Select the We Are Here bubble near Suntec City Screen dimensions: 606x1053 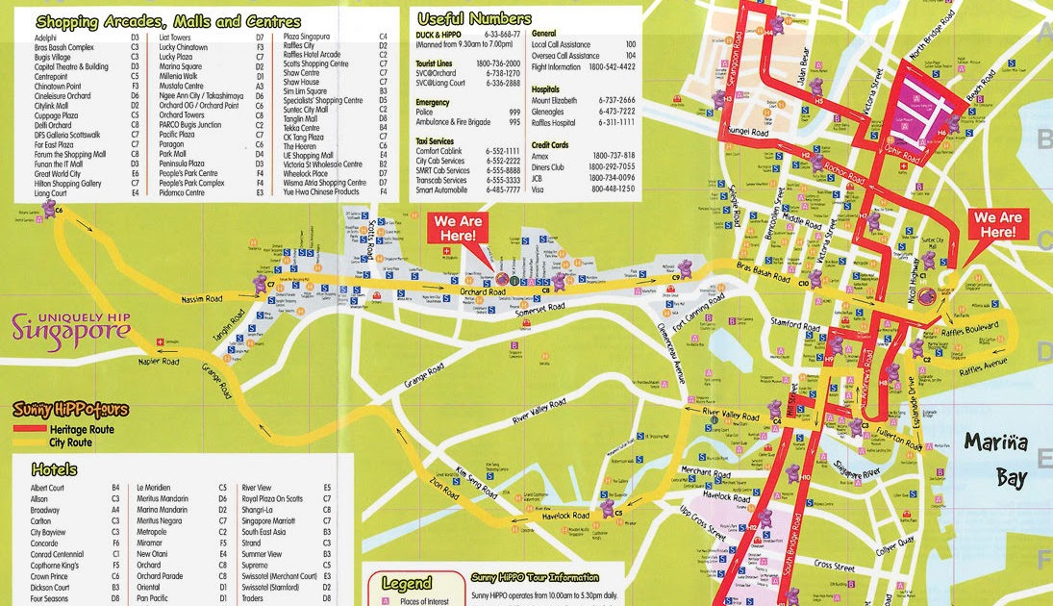996,225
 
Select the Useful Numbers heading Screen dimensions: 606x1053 473,18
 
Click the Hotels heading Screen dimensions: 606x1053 54,469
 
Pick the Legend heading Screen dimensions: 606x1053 407,582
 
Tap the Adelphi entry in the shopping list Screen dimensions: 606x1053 45,37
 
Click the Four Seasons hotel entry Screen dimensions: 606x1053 50,598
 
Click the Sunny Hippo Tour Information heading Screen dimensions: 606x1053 534,578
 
